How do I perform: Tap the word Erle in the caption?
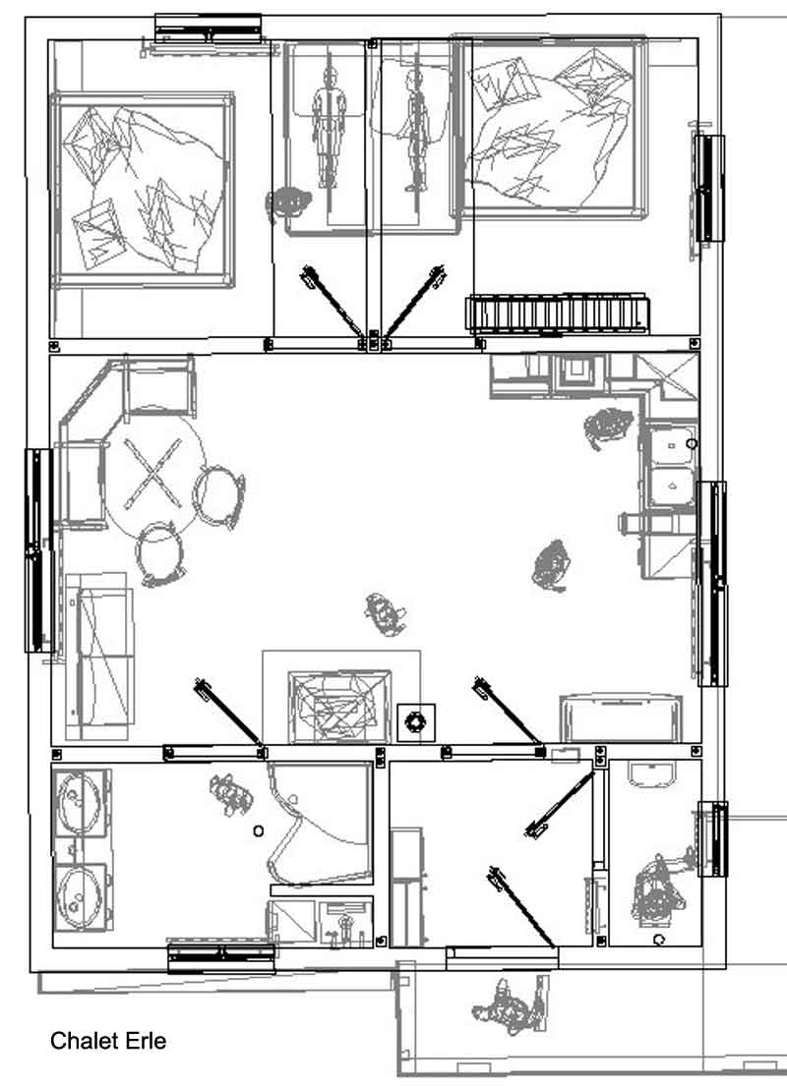146,1041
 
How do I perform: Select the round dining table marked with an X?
153,474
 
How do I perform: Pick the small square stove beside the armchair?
416,721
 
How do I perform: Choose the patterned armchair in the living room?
339,706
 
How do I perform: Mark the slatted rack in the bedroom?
557,313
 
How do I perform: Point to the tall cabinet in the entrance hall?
406,887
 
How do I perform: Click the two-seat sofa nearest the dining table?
101,656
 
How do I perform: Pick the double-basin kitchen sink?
670,466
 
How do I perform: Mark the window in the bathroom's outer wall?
221,958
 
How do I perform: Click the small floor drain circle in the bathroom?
258,830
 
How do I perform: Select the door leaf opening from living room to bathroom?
228,715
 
